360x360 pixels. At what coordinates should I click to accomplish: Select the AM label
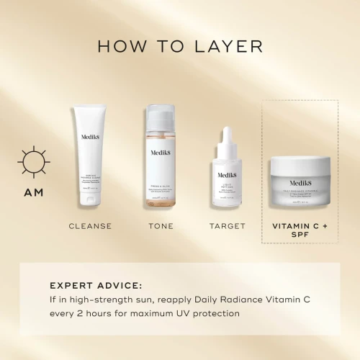point(34,192)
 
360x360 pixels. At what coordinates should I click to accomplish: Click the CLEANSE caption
point(90,226)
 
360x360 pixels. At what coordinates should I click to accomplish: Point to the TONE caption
point(161,226)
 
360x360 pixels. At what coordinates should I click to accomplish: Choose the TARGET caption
point(228,226)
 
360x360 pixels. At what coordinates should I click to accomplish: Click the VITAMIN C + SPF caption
point(300,232)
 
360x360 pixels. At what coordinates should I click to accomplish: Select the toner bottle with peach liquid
point(161,162)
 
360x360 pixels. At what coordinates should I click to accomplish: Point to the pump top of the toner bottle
point(161,114)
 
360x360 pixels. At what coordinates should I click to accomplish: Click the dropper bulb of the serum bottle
point(228,137)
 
